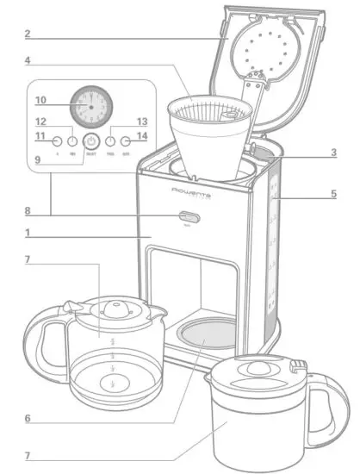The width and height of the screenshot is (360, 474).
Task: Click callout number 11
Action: (40, 138)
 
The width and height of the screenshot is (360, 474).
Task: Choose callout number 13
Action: (142, 122)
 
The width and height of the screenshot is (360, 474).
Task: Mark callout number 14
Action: (142, 136)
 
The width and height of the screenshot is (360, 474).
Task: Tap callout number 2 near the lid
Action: (28, 34)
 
